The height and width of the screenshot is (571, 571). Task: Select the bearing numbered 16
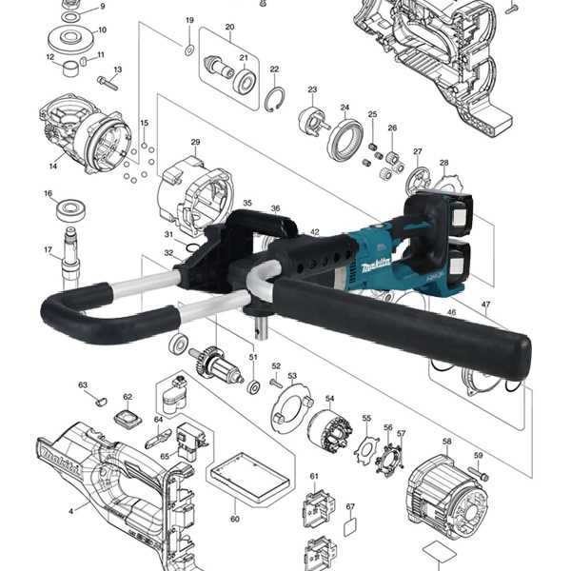point(69,207)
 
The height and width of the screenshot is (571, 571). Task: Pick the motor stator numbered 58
point(443,485)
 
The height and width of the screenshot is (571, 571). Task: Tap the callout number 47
point(486,305)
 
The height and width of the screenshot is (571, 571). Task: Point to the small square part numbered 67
point(349,523)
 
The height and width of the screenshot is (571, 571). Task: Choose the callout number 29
point(195,143)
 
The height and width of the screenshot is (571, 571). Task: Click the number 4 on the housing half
point(70,511)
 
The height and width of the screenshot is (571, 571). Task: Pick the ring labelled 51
point(254,388)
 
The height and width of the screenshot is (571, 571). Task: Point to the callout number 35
point(246,203)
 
